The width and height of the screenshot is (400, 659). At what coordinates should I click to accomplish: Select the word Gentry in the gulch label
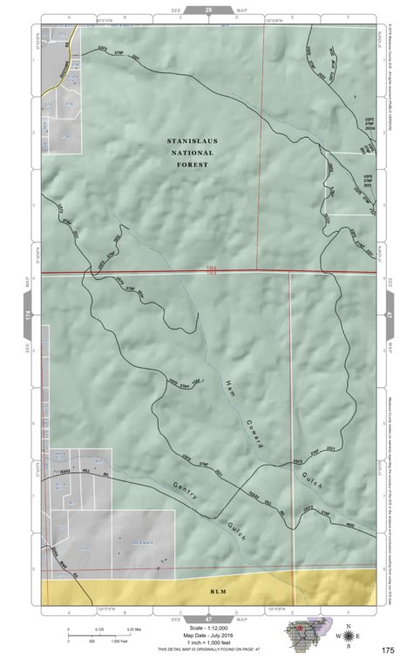[186, 491]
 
